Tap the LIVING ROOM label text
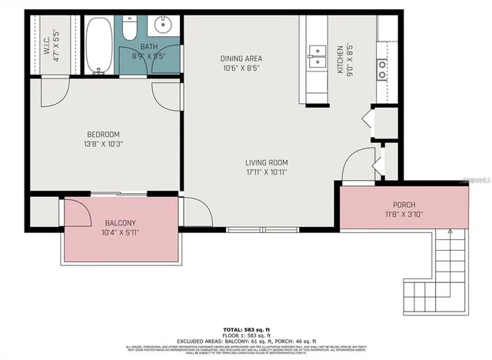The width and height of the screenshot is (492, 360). click(266, 162)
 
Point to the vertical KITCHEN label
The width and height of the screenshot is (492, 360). click(340, 59)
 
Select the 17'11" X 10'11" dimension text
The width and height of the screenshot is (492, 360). click(266, 173)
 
